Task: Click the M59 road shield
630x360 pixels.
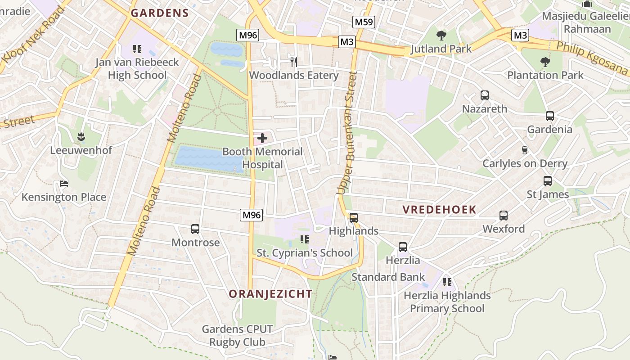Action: pyautogui.click(x=364, y=22)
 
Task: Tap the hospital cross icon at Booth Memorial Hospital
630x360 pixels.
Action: pyautogui.click(x=262, y=138)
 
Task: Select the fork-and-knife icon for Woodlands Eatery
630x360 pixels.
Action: pyautogui.click(x=293, y=62)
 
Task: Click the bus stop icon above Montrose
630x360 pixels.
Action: pyautogui.click(x=195, y=229)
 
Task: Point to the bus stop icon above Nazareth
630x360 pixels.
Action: pyautogui.click(x=485, y=95)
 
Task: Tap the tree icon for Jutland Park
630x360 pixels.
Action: pyautogui.click(x=441, y=35)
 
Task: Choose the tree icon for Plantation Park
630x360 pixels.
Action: pyautogui.click(x=545, y=62)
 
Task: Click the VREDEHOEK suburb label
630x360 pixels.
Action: pyautogui.click(x=439, y=210)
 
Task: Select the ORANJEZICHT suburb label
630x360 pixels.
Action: pyautogui.click(x=270, y=294)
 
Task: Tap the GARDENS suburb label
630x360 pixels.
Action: pyautogui.click(x=160, y=13)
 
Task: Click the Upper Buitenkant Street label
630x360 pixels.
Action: pyautogui.click(x=347, y=133)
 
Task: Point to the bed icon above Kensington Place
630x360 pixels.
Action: pyautogui.click(x=64, y=184)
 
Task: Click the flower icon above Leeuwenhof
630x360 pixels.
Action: pyautogui.click(x=81, y=136)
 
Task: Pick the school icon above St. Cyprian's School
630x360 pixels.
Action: pyautogui.click(x=305, y=239)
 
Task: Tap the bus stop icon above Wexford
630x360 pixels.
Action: pyautogui.click(x=504, y=216)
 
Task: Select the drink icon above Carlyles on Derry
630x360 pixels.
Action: pyautogui.click(x=525, y=150)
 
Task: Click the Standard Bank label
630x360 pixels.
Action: pyautogui.click(x=388, y=277)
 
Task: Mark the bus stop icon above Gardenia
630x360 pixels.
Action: pyautogui.click(x=549, y=116)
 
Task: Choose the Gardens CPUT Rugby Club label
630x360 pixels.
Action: pyautogui.click(x=237, y=335)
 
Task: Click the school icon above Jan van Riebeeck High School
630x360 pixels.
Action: pyautogui.click(x=137, y=49)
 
